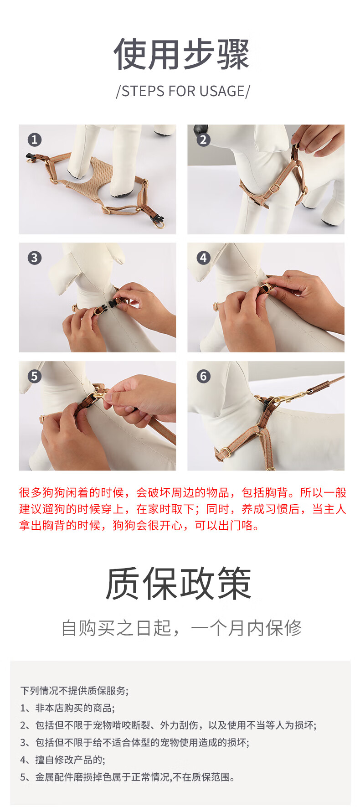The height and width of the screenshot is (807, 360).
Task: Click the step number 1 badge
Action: [34, 140]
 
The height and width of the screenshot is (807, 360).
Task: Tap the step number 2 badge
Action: [203, 140]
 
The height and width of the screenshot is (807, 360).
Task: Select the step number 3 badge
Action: [34, 258]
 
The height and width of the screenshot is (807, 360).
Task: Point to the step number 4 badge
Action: [203, 258]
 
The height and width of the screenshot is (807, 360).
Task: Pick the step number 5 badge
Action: [34, 377]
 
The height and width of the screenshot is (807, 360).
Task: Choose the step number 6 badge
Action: [203, 377]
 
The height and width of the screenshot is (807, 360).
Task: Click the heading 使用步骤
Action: [182, 54]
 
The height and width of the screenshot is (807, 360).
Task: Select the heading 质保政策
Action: [179, 584]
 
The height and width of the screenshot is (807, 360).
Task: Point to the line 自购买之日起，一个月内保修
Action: [181, 628]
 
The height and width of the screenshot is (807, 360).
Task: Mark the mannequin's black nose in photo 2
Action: [201, 129]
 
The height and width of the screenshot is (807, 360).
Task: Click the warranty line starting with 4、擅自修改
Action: [63, 760]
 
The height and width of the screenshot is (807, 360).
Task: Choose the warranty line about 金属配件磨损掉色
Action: [128, 777]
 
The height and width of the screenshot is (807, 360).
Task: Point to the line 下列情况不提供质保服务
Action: [74, 690]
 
